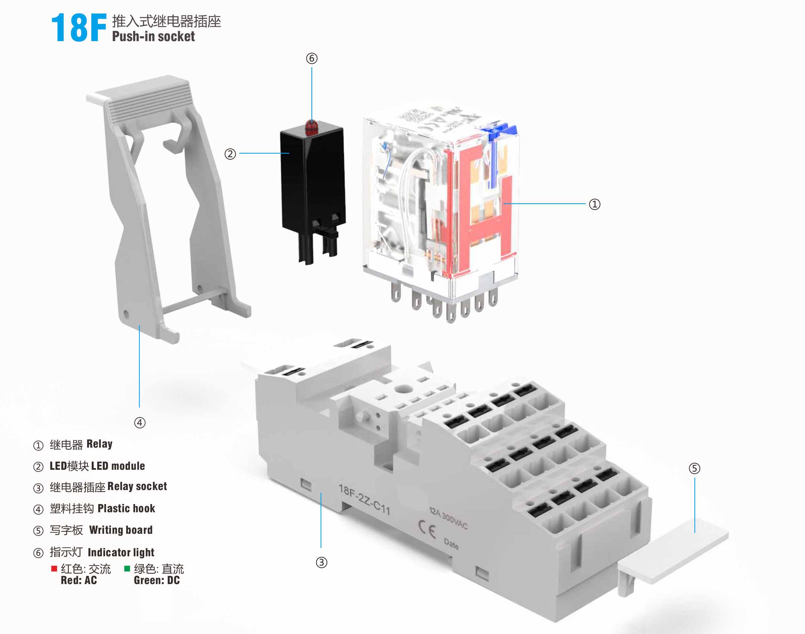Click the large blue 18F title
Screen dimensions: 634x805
point(79,28)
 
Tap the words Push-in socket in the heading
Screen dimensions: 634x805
point(153,37)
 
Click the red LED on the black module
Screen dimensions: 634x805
point(311,127)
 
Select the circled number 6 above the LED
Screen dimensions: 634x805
point(312,58)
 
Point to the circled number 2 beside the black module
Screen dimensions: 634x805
point(230,154)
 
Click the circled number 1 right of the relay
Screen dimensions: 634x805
point(594,204)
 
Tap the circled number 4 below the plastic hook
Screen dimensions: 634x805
point(139,422)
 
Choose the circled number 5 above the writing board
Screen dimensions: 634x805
point(694,468)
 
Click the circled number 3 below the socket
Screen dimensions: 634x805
point(321,563)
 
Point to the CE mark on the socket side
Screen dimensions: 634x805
point(427,530)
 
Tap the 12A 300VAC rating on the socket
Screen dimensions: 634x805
point(448,518)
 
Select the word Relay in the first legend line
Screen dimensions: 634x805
point(99,444)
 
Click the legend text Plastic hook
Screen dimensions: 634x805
point(126,508)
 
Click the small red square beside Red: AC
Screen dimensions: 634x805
point(54,568)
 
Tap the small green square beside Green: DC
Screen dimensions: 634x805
point(127,568)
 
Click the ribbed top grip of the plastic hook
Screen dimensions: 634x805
point(148,100)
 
